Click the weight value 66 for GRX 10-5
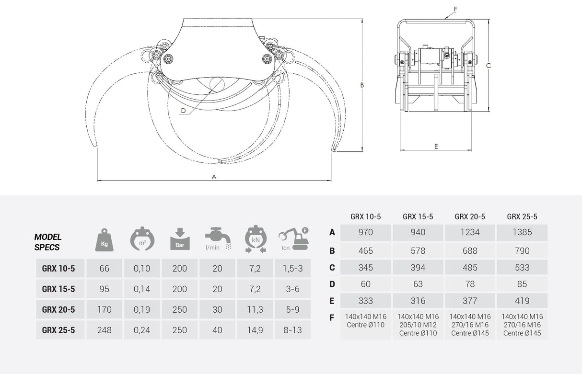104,269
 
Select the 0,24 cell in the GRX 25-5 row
142,330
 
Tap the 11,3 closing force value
255,310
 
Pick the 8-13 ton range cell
292,330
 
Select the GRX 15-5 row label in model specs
58,289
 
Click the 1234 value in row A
470,233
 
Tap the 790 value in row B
522,250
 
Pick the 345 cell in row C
366,268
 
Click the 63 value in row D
418,284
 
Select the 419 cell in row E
522,301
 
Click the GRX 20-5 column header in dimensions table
470,216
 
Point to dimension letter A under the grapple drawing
214,177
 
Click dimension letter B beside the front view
362,85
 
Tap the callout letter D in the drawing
183,111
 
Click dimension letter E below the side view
436,147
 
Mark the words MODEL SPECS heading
48,242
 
